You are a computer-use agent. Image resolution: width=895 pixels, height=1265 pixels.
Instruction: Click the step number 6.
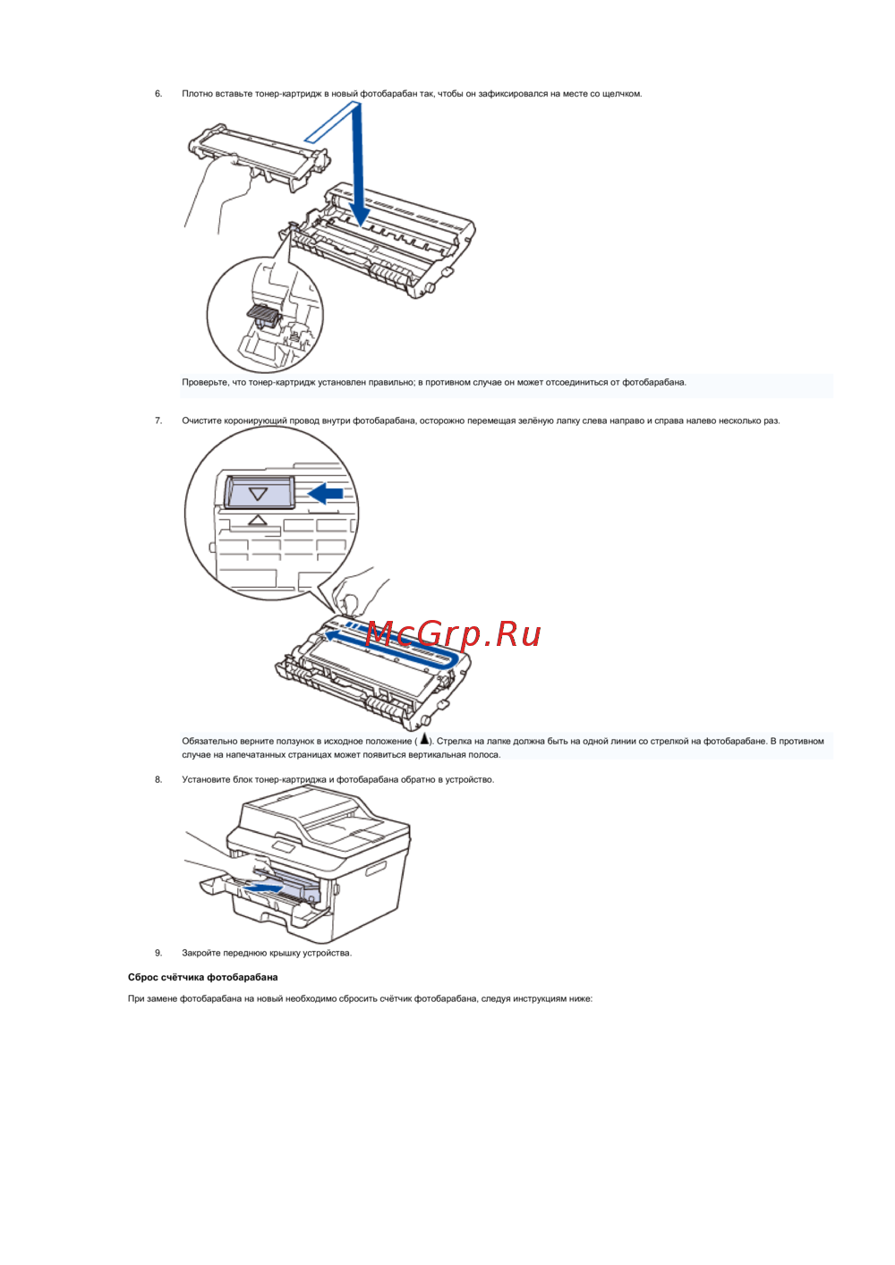158,94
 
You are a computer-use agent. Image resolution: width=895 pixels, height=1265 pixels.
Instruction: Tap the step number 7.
158,420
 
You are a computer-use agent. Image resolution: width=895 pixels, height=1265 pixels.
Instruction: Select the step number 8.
158,780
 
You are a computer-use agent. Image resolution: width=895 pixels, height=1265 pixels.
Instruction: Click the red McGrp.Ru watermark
453,634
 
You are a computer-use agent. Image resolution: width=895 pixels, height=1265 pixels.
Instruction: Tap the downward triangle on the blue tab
259,494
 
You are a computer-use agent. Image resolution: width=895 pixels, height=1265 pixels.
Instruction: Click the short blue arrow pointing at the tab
326,493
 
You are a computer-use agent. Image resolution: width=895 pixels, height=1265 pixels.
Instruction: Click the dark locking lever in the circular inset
263,315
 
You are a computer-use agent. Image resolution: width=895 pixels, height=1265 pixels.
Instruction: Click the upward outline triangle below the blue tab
258,520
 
